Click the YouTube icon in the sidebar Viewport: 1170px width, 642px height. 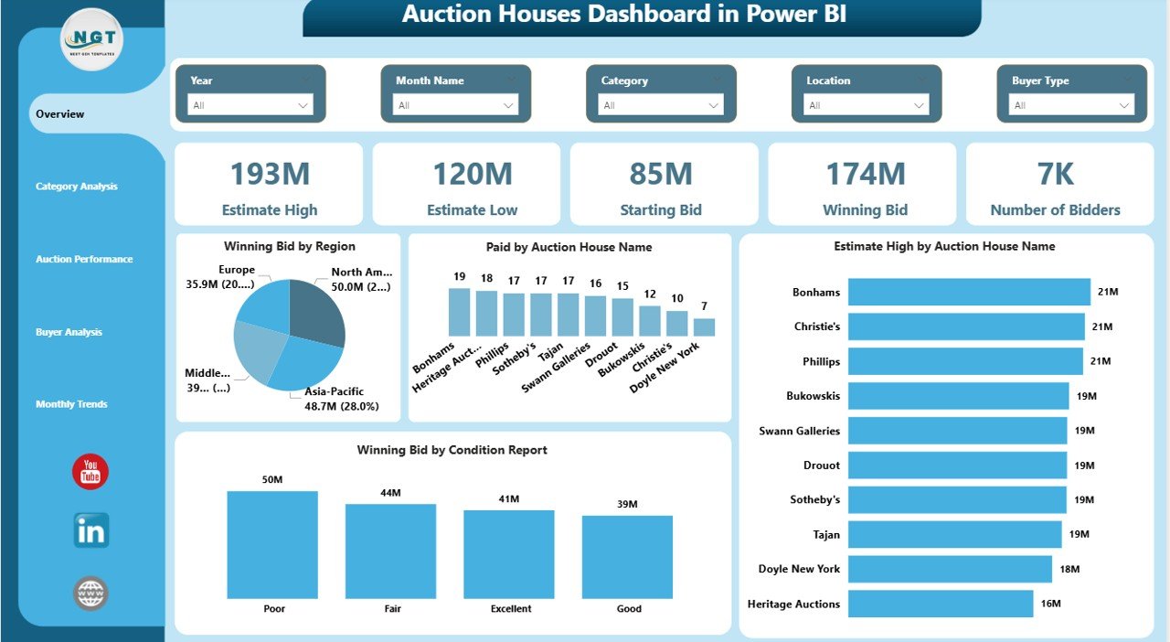(90, 472)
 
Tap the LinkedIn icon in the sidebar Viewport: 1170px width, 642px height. (90, 531)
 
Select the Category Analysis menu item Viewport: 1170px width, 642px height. (77, 187)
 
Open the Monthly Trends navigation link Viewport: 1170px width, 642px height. (71, 404)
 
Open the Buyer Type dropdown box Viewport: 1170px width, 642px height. (1071, 105)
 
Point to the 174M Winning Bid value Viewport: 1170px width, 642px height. (865, 174)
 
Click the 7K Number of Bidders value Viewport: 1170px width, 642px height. (1055, 174)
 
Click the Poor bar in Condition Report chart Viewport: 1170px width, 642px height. (272, 544)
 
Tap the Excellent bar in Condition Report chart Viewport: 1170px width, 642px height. (508, 553)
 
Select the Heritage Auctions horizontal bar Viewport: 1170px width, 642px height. (940, 604)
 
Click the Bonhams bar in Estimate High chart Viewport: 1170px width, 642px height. (969, 292)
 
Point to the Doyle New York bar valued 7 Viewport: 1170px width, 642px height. (704, 326)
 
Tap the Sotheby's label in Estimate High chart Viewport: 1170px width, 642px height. (814, 499)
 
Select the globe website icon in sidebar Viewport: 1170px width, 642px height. (90, 594)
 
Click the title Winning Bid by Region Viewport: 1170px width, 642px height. (289, 246)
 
